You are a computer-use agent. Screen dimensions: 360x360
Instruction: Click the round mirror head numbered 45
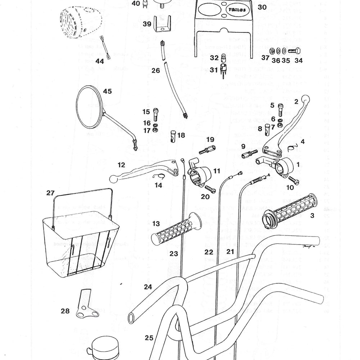91,107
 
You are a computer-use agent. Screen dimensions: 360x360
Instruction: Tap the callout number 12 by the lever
121,165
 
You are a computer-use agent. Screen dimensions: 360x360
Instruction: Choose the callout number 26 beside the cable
156,71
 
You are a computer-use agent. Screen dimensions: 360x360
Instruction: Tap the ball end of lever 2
306,98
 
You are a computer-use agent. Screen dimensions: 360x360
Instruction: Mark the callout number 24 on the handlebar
148,287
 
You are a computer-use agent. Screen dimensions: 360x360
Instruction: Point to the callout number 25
149,338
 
